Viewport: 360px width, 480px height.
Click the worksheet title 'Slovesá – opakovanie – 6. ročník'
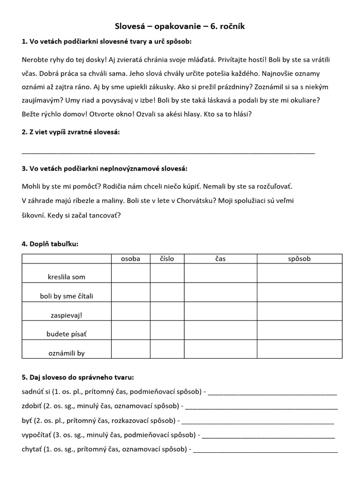[180, 27]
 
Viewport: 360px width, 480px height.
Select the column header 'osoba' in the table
[131, 259]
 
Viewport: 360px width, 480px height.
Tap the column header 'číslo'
[167, 259]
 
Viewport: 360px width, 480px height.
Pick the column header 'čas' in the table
[220, 259]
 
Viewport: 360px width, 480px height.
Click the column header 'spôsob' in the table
[299, 259]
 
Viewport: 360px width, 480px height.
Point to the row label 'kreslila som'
[67, 277]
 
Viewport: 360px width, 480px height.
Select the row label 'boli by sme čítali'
[67, 296]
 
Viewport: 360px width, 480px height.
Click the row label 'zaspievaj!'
[67, 315]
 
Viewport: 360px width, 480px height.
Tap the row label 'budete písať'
[67, 334]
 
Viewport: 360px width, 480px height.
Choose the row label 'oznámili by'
[67, 353]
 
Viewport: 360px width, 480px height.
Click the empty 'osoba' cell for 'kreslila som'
[131, 274]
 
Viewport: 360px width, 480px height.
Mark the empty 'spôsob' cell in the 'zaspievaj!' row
[299, 312]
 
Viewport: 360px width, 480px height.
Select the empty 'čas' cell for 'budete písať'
[220, 330]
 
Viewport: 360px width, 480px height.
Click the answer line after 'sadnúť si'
[272, 392]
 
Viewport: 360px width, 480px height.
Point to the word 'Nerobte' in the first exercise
[35, 60]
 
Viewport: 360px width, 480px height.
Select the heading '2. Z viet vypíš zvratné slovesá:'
[71, 132]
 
